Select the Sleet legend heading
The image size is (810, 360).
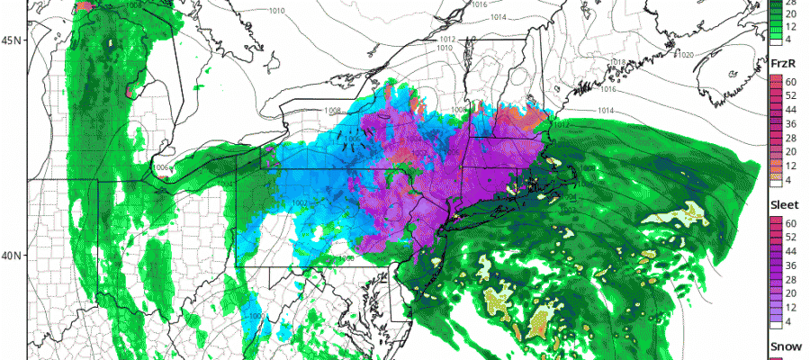786,205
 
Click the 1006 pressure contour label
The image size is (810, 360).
163,168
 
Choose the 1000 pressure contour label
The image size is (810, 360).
256,316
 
